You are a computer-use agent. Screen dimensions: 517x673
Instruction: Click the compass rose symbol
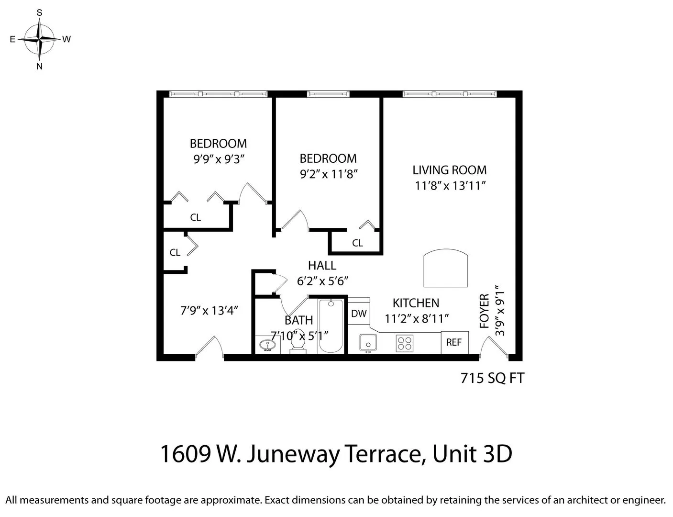pyautogui.click(x=40, y=39)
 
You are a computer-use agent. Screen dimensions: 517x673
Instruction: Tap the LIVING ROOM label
pyautogui.click(x=449, y=170)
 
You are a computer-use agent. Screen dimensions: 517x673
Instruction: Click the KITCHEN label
pyautogui.click(x=416, y=303)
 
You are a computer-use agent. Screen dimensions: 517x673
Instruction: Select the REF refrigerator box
pyautogui.click(x=454, y=342)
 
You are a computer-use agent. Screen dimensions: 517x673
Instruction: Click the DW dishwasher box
pyautogui.click(x=359, y=314)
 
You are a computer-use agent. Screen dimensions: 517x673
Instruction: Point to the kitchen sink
pyautogui.click(x=368, y=343)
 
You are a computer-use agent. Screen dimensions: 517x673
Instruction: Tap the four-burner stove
pyautogui.click(x=405, y=343)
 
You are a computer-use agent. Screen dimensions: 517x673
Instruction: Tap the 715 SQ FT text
pyautogui.click(x=492, y=378)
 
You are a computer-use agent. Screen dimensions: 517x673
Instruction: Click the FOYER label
pyautogui.click(x=485, y=311)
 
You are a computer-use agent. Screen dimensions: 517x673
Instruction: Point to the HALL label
pyautogui.click(x=322, y=265)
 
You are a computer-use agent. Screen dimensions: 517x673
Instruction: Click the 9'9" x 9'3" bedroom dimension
pyautogui.click(x=219, y=159)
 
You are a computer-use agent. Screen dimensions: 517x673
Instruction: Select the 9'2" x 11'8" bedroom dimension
pyautogui.click(x=329, y=174)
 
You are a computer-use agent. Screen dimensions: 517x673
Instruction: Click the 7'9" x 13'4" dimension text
pyautogui.click(x=209, y=311)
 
